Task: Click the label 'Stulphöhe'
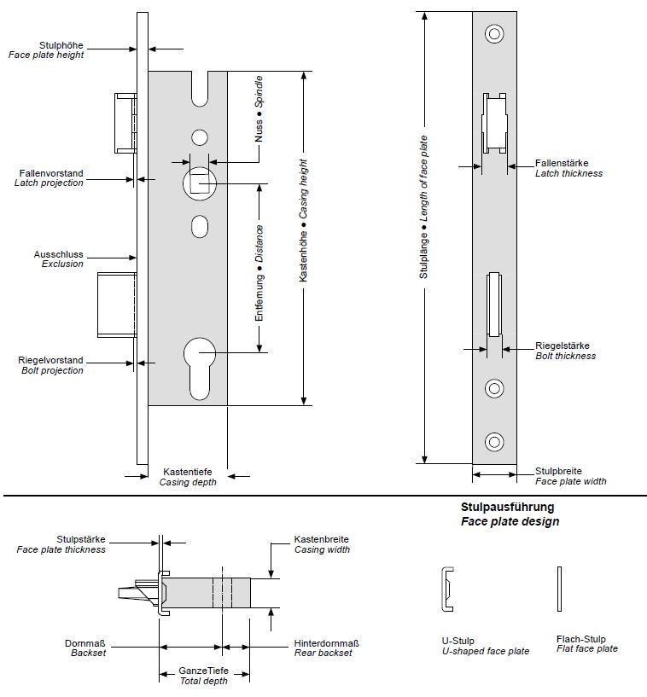coord(61,44)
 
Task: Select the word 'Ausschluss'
coord(58,254)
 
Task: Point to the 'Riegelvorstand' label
coord(51,361)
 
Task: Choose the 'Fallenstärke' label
coord(562,163)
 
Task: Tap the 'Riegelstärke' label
coord(562,346)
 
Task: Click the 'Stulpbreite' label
coord(558,471)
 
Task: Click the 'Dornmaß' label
coord(85,644)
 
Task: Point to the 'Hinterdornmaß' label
coord(326,644)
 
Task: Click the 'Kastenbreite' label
coord(322,540)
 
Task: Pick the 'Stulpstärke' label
coord(81,539)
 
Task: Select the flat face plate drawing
coord(559,589)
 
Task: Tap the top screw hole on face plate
coord(494,35)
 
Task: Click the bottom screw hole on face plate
coord(494,441)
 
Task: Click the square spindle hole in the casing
coord(199,183)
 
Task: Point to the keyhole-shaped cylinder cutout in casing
coord(200,363)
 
